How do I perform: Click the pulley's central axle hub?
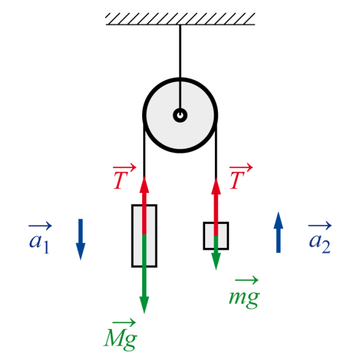click(x=179, y=115)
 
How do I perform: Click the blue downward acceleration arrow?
click(x=81, y=239)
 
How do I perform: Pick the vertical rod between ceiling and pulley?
click(x=179, y=54)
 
